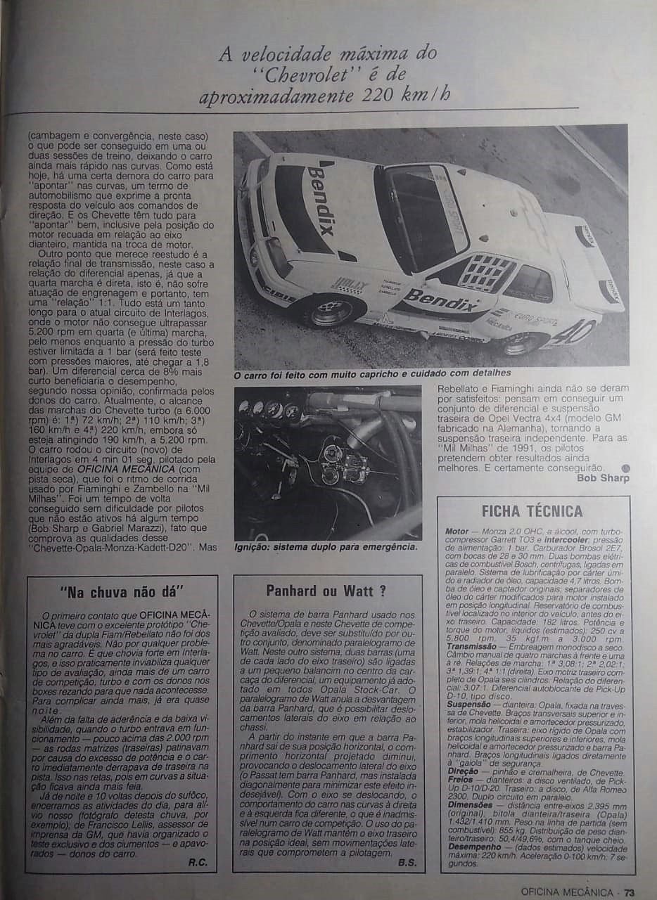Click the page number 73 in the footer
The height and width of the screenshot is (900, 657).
click(630, 892)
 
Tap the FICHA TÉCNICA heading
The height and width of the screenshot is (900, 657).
click(532, 511)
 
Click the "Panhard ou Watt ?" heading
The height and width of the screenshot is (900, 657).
click(326, 591)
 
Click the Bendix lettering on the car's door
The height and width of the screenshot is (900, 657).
click(440, 300)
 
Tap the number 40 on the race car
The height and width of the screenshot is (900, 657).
click(573, 330)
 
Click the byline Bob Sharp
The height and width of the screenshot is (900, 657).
click(603, 478)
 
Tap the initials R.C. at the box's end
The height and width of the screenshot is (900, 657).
click(198, 862)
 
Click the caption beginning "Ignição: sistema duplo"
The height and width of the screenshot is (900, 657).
click(326, 546)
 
